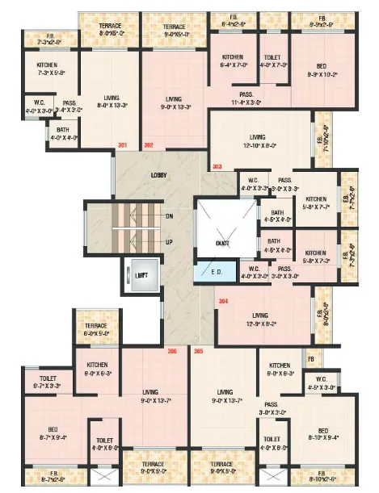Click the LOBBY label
pos(159,175)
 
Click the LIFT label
pos(141,275)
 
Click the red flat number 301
pos(123,145)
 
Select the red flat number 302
pos(148,145)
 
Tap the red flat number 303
pos(217,166)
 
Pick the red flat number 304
pos(223,301)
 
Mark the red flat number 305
pos(198,351)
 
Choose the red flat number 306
pos(172,351)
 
